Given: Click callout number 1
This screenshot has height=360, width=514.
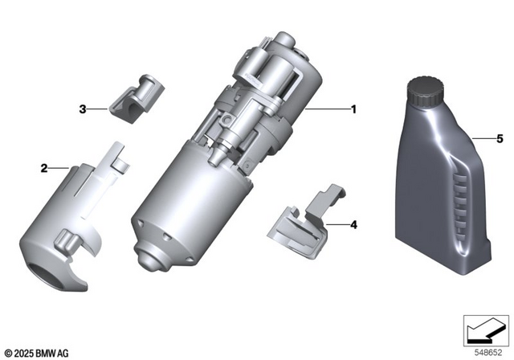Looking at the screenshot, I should (351, 108).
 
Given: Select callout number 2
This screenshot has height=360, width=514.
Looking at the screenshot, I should (45, 168).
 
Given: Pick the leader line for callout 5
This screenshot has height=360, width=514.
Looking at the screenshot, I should (482, 137).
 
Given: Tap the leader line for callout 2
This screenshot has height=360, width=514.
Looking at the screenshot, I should (61, 168).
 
